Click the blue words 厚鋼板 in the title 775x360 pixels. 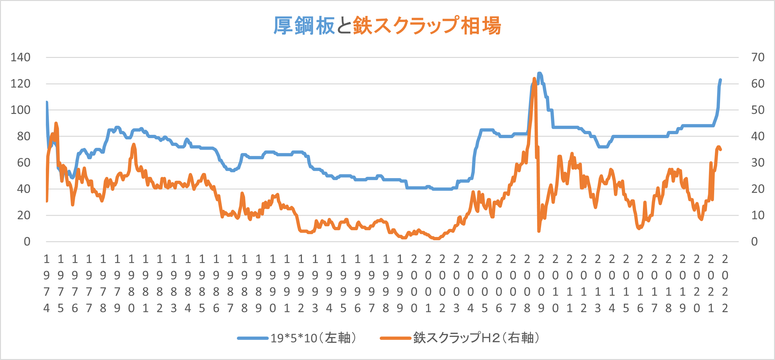304,26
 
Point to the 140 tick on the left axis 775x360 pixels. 20,57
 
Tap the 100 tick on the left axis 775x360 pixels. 20,110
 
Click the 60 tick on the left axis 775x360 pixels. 24,163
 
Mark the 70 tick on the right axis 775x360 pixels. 758,57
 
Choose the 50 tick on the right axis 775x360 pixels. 758,110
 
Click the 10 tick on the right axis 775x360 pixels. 758,215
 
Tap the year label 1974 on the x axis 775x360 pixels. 47,283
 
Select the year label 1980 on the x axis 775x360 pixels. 131,283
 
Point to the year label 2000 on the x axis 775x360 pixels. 414,283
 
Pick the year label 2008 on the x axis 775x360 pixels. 527,283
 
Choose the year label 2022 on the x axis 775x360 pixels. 725,283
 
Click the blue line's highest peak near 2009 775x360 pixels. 539,73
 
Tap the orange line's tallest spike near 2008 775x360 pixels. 534,78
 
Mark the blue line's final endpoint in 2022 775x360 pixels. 720,80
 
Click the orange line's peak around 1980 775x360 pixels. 134,144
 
